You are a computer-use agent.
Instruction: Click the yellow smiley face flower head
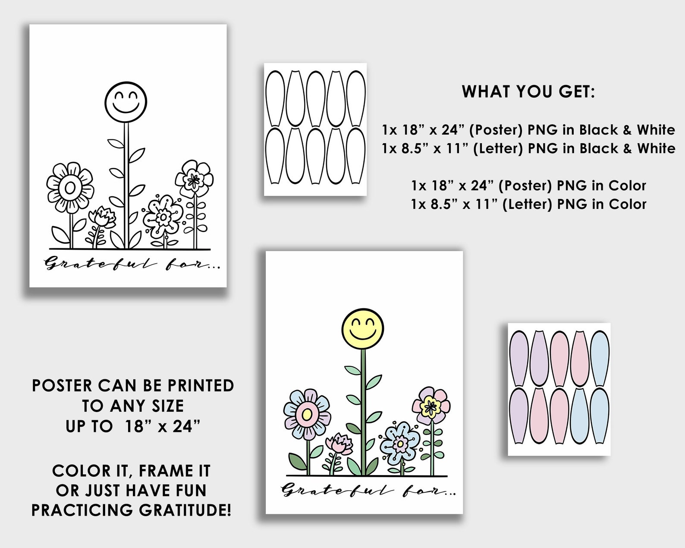(363, 329)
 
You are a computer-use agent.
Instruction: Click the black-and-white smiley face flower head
(126, 102)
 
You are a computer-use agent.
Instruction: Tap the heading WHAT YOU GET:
(528, 91)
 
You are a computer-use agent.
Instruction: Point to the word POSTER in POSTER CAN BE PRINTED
(62, 386)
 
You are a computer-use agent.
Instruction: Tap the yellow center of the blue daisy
(307, 415)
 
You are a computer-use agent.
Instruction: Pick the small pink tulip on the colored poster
(339, 445)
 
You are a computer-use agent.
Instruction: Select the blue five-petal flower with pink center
(400, 443)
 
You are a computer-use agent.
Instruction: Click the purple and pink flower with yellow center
(430, 405)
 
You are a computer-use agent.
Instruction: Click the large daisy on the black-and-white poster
(70, 188)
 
